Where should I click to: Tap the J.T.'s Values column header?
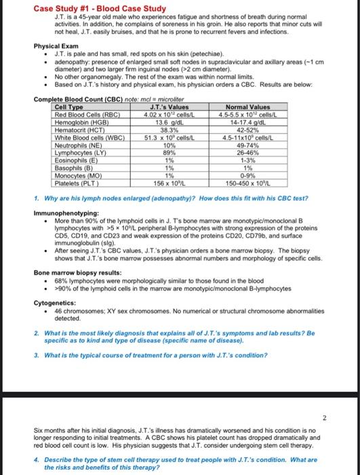tap(171, 107)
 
